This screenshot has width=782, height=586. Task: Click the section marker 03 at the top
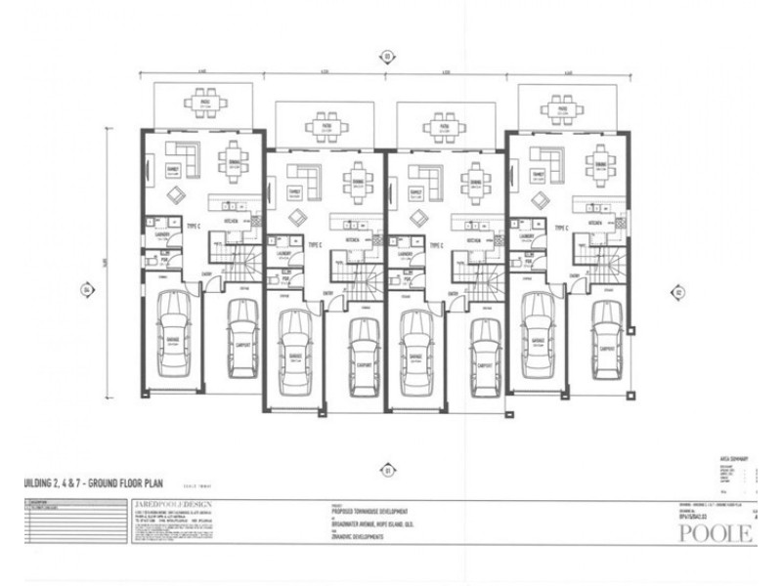pyautogui.click(x=387, y=57)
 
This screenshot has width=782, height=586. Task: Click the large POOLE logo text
pyautogui.click(x=717, y=534)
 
